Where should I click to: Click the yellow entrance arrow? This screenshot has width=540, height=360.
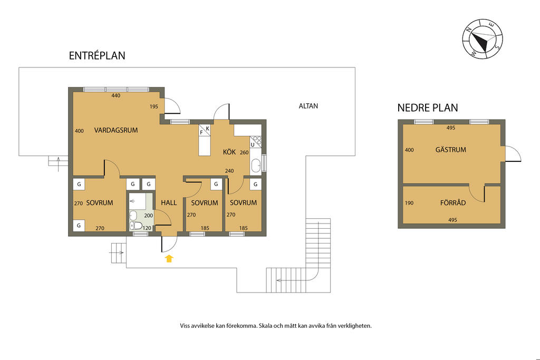[169, 258]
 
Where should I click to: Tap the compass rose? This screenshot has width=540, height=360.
[482, 38]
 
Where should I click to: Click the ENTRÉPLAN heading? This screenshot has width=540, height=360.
[97, 55]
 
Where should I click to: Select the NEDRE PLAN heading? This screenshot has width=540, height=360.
[427, 108]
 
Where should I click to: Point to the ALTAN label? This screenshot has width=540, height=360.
[308, 106]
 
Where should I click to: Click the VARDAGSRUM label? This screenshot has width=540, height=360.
[116, 130]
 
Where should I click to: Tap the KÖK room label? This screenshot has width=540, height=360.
[229, 152]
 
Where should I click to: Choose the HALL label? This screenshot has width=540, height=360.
[169, 203]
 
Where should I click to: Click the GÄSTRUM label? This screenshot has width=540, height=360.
[450, 150]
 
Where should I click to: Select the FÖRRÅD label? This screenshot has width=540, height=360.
[453, 203]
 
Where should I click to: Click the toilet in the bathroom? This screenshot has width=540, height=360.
[136, 226]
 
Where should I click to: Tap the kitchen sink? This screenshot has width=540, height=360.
[256, 166]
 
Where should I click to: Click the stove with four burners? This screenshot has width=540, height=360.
[256, 142]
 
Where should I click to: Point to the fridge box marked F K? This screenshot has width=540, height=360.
[205, 130]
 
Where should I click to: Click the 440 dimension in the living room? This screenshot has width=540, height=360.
[115, 96]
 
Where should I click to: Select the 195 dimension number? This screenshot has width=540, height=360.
[154, 106]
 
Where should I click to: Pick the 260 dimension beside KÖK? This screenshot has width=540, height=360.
[244, 152]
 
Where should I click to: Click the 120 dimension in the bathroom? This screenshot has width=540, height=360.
[147, 228]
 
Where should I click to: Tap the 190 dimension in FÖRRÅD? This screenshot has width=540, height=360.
[409, 203]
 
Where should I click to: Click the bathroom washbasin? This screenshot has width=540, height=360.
[133, 216]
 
